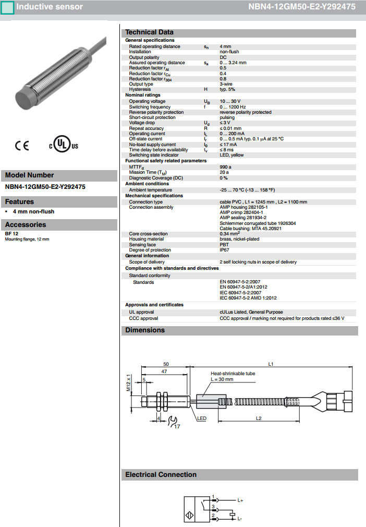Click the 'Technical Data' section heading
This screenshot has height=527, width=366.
pos(150,32)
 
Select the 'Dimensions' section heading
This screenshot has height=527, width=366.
pos(145,330)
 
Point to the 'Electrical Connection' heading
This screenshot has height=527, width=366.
pos(161,475)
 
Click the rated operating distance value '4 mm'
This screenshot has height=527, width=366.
pos(226,46)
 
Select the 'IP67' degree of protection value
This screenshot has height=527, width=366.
pos(224,250)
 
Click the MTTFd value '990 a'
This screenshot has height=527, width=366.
pos(226,167)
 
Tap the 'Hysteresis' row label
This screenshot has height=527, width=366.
pos(139,89)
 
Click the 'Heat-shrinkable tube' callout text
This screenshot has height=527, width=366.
pos(233,374)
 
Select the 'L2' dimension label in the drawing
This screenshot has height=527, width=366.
pos(258,418)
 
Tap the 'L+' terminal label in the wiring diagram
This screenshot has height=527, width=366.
pos(240,501)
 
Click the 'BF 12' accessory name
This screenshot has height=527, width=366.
pos(11,234)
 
